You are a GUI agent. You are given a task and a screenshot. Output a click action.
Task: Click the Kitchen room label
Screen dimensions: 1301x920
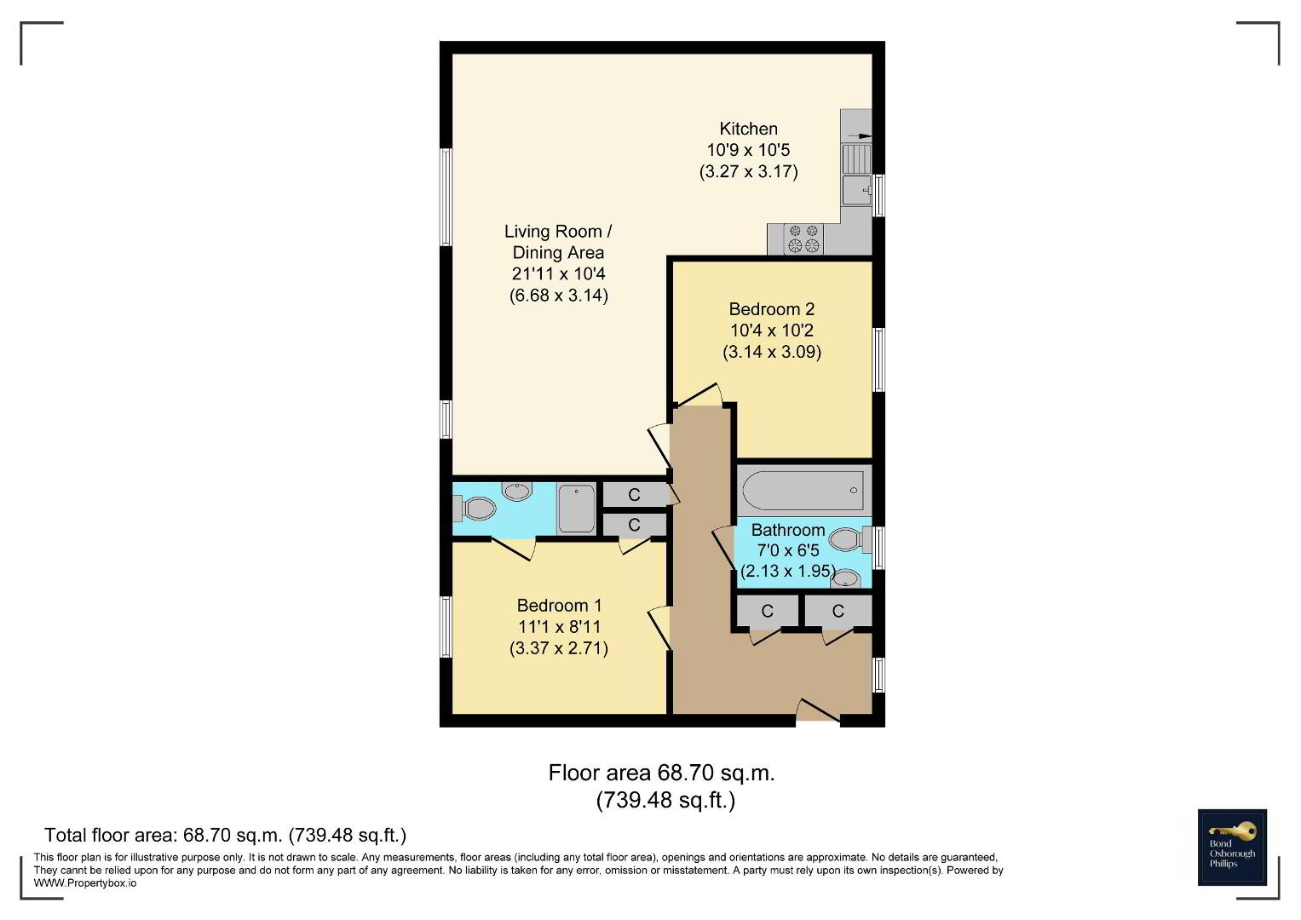pos(748,129)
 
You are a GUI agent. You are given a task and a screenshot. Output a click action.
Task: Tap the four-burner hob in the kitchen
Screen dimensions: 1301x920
pos(803,239)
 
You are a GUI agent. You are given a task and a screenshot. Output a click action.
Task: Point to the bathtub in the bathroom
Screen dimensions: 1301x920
pos(803,491)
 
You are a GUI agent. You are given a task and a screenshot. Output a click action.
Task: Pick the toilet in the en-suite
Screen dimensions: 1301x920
pos(475,509)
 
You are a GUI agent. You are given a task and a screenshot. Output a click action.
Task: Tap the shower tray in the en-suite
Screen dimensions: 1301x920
pos(576,509)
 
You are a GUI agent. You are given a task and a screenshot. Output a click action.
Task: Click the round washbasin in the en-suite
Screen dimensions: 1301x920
pos(517,492)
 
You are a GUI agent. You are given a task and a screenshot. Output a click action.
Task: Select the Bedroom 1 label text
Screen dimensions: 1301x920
pos(559,606)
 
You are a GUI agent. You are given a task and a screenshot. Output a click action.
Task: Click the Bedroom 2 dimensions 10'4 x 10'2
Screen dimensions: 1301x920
pos(771,331)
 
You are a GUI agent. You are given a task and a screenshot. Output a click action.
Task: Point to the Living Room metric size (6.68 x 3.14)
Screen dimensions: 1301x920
pos(559,296)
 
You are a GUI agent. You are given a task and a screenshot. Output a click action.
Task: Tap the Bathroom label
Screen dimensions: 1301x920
pos(787,530)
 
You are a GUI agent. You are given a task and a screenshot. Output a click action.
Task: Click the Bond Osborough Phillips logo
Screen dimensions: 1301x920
pos(1232,848)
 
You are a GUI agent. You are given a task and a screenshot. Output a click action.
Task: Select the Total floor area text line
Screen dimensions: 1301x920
pos(225,835)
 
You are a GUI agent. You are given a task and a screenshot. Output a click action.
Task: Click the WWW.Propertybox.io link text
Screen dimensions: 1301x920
pos(85,883)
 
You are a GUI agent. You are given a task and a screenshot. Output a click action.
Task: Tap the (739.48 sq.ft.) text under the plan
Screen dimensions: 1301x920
pos(665,801)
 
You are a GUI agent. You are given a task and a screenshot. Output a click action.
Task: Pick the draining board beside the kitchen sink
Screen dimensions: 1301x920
pos(857,158)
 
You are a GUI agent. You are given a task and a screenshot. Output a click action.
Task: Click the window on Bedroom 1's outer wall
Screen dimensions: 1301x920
pos(446,627)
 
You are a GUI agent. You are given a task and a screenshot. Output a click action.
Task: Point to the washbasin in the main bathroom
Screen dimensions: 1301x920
pos(845,578)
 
